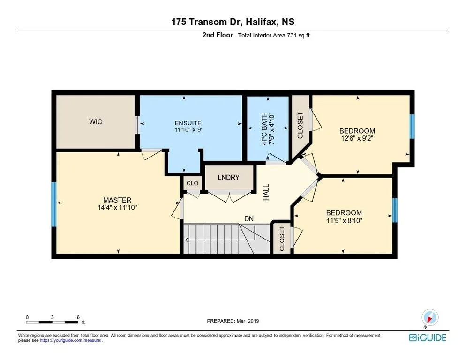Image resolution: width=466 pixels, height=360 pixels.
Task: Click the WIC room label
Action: [x=95, y=122]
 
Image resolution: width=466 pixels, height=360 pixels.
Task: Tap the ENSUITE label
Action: [x=188, y=123]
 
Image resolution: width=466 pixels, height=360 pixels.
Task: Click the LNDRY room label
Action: [x=228, y=178]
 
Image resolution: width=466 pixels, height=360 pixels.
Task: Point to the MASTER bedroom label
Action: [x=117, y=200]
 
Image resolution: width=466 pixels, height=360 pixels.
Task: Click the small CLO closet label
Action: [x=192, y=183]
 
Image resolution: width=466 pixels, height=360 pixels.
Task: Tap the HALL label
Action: [x=266, y=192]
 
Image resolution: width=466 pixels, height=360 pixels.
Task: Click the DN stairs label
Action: [x=249, y=219]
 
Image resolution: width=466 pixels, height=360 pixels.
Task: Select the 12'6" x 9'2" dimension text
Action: [x=358, y=138]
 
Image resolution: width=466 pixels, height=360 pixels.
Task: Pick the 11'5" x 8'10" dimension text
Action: [x=344, y=221]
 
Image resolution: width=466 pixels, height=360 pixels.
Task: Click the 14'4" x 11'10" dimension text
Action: [x=117, y=208]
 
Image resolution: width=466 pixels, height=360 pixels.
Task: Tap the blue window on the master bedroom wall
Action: [x=54, y=204]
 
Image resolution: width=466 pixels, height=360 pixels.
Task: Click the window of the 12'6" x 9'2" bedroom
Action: [x=412, y=127]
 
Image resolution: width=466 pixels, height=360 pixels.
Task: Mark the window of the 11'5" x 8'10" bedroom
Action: [x=395, y=210]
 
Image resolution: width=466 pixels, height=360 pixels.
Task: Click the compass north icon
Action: [x=430, y=318]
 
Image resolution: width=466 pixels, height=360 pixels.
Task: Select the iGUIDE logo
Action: [x=428, y=337]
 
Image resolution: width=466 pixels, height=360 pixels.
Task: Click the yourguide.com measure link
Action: [x=71, y=340]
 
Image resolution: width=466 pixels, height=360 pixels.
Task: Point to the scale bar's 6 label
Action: [x=78, y=317]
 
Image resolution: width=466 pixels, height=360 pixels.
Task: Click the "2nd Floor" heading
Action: [x=218, y=35]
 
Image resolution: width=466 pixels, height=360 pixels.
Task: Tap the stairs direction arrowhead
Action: [x=186, y=240]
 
